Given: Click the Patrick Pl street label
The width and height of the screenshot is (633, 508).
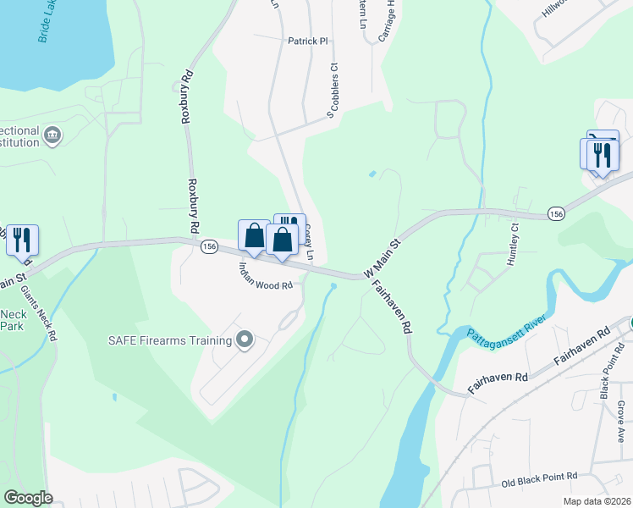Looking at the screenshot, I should [307, 41].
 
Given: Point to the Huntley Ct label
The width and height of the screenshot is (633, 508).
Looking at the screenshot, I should [512, 246].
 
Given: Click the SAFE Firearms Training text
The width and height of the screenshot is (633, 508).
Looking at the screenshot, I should [169, 340].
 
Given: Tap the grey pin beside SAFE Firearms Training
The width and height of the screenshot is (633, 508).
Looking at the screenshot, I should [245, 340].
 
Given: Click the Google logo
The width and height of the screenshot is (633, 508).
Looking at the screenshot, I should [28, 498].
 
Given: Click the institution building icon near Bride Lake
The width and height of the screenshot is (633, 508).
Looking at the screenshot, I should [52, 135].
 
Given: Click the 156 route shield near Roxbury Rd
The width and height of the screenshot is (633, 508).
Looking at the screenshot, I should [209, 246].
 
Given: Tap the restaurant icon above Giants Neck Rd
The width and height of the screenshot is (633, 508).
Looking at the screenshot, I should [22, 240].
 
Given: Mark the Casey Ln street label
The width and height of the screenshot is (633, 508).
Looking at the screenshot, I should [310, 242].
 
